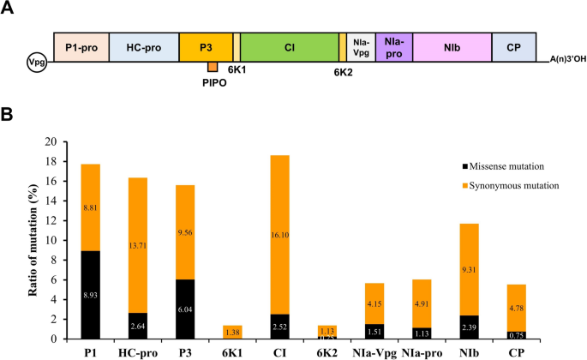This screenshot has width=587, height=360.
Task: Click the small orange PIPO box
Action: coord(213,67)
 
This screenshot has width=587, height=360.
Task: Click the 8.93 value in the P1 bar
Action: coord(90,295)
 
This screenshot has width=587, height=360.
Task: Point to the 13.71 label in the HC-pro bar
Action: coord(138,246)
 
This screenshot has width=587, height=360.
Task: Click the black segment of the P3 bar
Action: coord(186,309)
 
